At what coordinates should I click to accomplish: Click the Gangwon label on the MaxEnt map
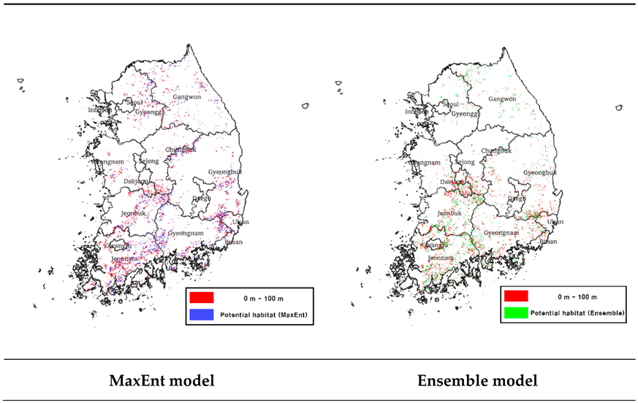[186, 96]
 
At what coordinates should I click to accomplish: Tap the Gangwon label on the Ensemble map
[502, 99]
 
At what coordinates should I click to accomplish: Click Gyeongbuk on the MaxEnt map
[224, 172]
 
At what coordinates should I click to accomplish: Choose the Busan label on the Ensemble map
[547, 241]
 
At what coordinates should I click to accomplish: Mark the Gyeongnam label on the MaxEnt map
[184, 233]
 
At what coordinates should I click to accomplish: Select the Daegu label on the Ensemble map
[516, 198]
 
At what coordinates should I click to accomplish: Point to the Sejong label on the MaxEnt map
[148, 161]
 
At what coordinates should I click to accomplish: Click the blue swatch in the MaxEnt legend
[201, 315]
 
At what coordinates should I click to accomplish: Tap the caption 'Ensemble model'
[477, 380]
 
